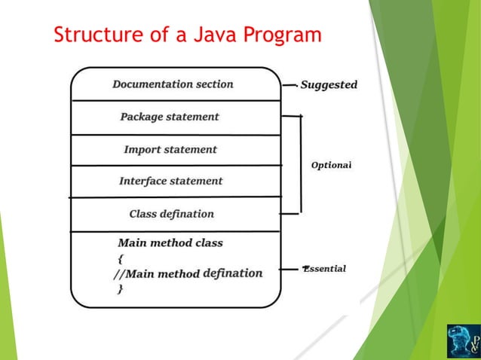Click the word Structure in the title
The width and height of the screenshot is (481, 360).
click(93, 35)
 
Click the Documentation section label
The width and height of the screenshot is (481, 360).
click(173, 84)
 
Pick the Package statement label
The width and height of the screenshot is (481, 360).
click(170, 117)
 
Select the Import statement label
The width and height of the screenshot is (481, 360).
click(170, 149)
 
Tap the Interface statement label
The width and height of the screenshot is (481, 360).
click(171, 181)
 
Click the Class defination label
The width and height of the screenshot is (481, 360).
click(172, 214)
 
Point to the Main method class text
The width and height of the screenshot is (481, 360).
click(170, 243)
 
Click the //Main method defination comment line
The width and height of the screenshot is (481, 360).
click(188, 273)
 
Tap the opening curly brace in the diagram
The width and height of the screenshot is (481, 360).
click(121, 258)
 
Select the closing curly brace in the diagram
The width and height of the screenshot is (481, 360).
click(121, 289)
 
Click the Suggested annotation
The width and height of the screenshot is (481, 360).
click(329, 85)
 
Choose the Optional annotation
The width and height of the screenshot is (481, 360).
click(332, 164)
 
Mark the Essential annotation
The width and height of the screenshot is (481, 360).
click(325, 269)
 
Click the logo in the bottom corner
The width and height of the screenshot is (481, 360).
click(463, 341)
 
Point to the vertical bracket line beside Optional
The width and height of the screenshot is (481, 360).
click(301, 164)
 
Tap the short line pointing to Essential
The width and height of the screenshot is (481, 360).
click(290, 269)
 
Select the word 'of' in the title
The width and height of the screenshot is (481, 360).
click(150, 35)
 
